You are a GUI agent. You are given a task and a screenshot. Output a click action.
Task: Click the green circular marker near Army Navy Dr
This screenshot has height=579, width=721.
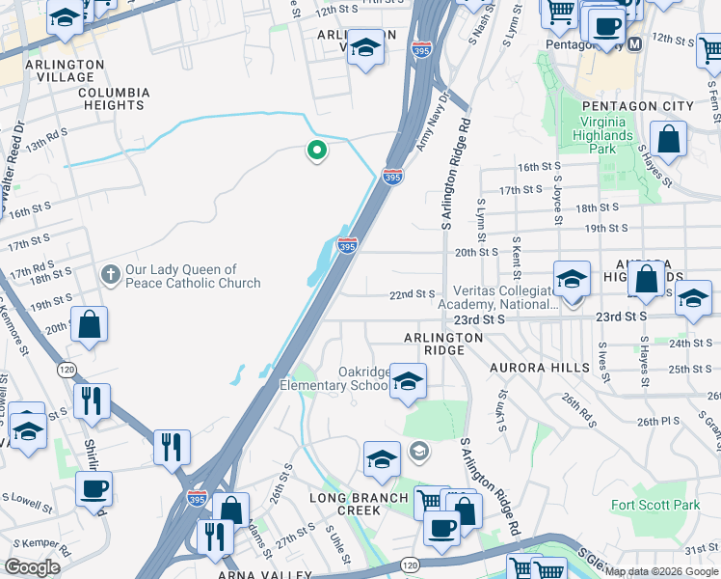click(315, 150)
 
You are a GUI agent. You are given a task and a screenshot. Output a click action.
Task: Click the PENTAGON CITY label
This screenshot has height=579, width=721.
click(636, 105)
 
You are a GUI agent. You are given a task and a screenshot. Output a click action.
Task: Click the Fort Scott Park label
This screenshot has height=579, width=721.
click(655, 505)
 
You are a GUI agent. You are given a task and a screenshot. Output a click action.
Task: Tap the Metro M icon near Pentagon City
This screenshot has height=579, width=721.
click(635, 44)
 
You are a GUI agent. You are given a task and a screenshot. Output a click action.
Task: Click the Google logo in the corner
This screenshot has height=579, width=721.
click(32, 567)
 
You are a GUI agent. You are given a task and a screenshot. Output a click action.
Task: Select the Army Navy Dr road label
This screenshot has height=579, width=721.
click(431, 120)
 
